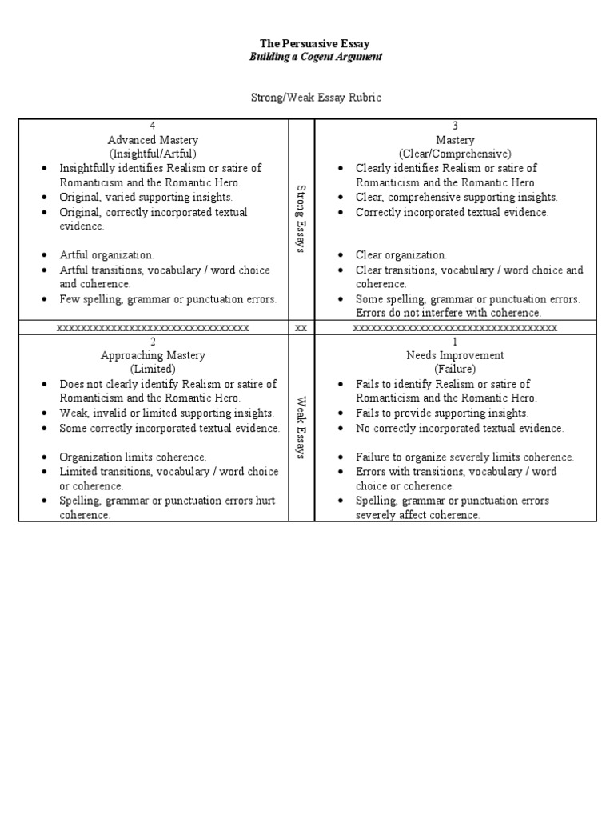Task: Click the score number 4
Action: (153, 126)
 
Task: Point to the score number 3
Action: (455, 126)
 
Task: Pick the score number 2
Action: (153, 342)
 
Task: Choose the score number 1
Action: (455, 342)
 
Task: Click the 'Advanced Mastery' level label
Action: (153, 140)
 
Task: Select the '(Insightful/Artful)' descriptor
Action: (153, 154)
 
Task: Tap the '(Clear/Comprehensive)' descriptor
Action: (455, 154)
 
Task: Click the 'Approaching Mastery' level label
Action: (153, 355)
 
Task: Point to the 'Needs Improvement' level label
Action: (455, 355)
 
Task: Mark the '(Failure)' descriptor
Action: (455, 370)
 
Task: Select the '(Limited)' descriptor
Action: (153, 370)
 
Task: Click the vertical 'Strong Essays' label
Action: (301, 218)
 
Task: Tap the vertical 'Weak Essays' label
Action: (301, 428)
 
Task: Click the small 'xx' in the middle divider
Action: (301, 328)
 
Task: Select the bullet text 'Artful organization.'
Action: (106, 255)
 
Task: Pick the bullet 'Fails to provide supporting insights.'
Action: (442, 413)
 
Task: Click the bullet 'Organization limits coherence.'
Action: (133, 457)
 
